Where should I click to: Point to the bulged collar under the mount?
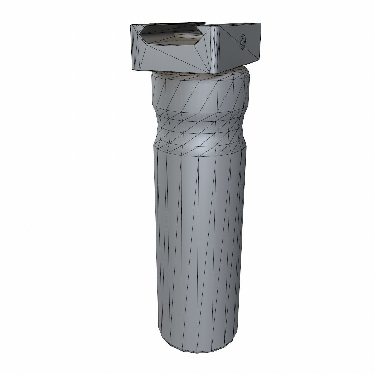click(201, 90)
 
